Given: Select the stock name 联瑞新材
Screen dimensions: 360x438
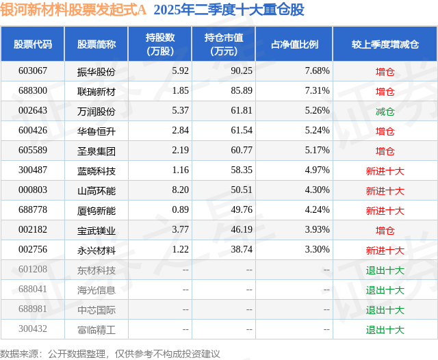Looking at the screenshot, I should pyautogui.click(x=96, y=91).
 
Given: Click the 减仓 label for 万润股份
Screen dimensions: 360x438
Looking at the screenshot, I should pyautogui.click(x=385, y=111).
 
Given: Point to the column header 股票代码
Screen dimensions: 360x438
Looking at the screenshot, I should pyautogui.click(x=32, y=44).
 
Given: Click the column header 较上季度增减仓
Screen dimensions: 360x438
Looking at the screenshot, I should pyautogui.click(x=385, y=44).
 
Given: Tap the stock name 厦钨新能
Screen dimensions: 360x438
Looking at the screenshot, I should pyautogui.click(x=96, y=210).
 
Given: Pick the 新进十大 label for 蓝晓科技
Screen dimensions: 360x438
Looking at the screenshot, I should pyautogui.click(x=385, y=170).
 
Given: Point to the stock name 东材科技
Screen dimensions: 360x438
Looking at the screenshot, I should pyautogui.click(x=96, y=270).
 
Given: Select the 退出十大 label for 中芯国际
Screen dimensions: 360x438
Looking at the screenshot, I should pyautogui.click(x=385, y=310).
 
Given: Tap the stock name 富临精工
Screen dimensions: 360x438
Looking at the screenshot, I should pyautogui.click(x=96, y=330).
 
